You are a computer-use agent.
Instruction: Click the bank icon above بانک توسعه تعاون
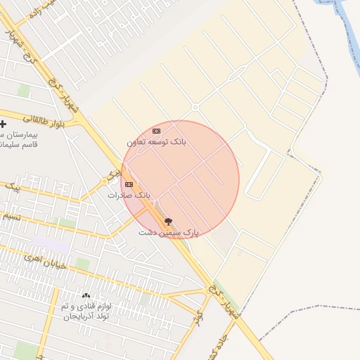click(x=156, y=131)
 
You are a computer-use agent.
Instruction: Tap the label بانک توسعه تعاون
click(x=156, y=141)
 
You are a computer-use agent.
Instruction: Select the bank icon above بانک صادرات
click(x=129, y=184)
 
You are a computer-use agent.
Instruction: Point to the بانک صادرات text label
click(x=129, y=195)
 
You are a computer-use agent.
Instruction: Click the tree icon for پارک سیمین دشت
click(x=168, y=221)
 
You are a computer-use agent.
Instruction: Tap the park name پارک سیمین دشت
click(x=169, y=232)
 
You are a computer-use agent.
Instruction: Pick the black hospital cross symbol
click(x=3, y=124)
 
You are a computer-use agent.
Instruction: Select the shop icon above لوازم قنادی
click(x=86, y=296)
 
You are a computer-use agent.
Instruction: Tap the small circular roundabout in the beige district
click(x=195, y=108)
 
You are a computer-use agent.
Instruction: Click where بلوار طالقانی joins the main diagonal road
click(x=82, y=121)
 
